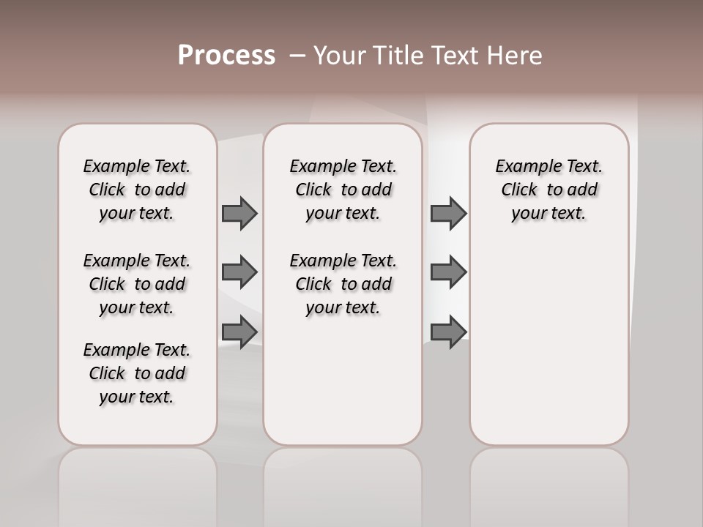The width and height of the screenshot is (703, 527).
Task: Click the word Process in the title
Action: (x=226, y=56)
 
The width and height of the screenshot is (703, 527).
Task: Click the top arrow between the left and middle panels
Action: (x=239, y=213)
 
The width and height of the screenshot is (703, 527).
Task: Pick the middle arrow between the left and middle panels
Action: (x=239, y=272)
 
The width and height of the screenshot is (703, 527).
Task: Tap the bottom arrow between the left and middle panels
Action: (x=239, y=332)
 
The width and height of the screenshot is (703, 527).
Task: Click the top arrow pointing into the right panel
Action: (x=448, y=213)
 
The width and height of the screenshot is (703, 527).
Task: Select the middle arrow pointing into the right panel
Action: (x=448, y=272)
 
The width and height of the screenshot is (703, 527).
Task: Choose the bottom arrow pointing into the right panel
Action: (x=448, y=332)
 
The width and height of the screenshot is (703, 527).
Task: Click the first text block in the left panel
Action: (x=137, y=190)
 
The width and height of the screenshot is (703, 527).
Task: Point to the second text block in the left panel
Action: (x=137, y=284)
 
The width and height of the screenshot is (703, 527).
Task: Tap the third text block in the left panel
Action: (x=137, y=373)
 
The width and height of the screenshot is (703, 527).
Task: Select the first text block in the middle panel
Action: (x=343, y=190)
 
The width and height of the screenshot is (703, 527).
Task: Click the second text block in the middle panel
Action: (x=343, y=284)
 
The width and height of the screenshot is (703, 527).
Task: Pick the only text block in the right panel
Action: (x=548, y=190)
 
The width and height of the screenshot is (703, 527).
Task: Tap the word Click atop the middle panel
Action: (x=313, y=190)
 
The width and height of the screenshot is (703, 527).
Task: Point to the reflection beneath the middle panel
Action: (x=343, y=483)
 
